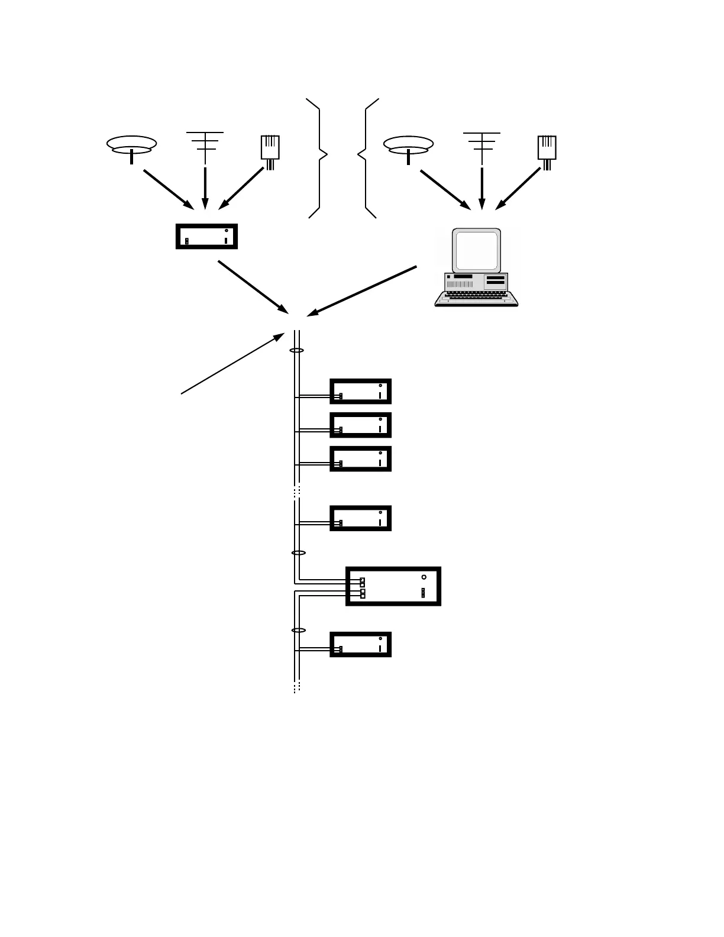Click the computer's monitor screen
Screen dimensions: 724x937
[477, 251]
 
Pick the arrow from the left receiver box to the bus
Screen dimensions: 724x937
[253, 287]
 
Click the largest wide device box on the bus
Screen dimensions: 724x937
[393, 586]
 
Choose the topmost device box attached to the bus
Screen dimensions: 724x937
[360, 391]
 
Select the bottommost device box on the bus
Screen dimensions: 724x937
[360, 644]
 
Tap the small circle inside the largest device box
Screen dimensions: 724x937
[424, 577]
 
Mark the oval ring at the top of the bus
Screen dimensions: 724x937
[296, 351]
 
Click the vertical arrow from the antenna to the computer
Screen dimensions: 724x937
[482, 188]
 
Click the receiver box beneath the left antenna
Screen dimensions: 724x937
[206, 237]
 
